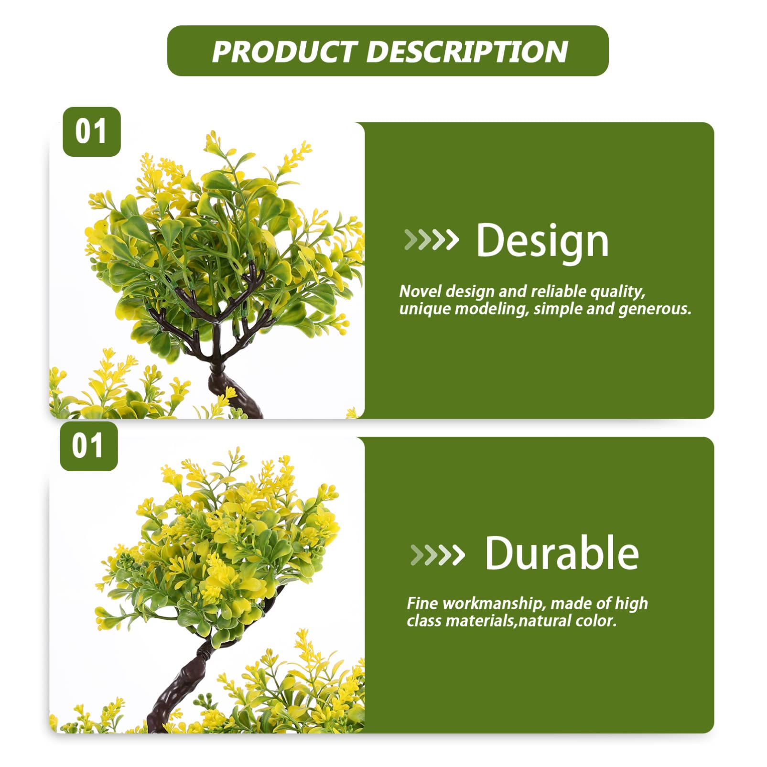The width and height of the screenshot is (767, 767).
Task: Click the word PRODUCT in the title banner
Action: (285, 52)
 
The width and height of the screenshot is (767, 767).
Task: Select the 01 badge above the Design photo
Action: (92, 132)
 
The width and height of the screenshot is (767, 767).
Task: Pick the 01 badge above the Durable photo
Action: (89, 446)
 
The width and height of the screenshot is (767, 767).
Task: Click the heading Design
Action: (543, 241)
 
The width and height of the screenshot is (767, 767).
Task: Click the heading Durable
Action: (562, 553)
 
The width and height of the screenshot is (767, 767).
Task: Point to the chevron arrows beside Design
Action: (431, 240)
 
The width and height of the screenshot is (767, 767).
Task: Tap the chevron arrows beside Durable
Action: (437, 554)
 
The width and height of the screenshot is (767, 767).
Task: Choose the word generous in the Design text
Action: (655, 309)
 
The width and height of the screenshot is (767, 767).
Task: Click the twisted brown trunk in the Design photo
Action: (234, 391)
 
